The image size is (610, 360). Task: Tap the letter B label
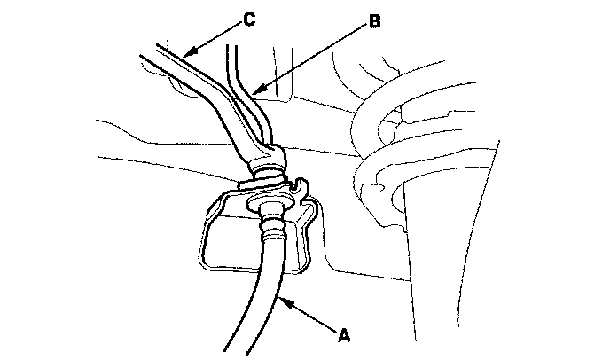374,22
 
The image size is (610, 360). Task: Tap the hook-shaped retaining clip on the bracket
299,187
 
